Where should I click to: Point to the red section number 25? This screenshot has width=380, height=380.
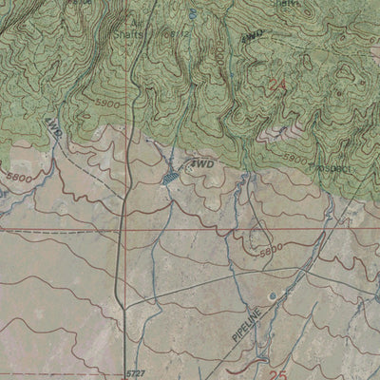coord(276,371)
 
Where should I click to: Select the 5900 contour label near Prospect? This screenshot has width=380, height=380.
coord(295,158)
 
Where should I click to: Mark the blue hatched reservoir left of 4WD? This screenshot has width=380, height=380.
coord(170,176)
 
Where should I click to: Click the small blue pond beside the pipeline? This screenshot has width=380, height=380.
coord(275,295)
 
